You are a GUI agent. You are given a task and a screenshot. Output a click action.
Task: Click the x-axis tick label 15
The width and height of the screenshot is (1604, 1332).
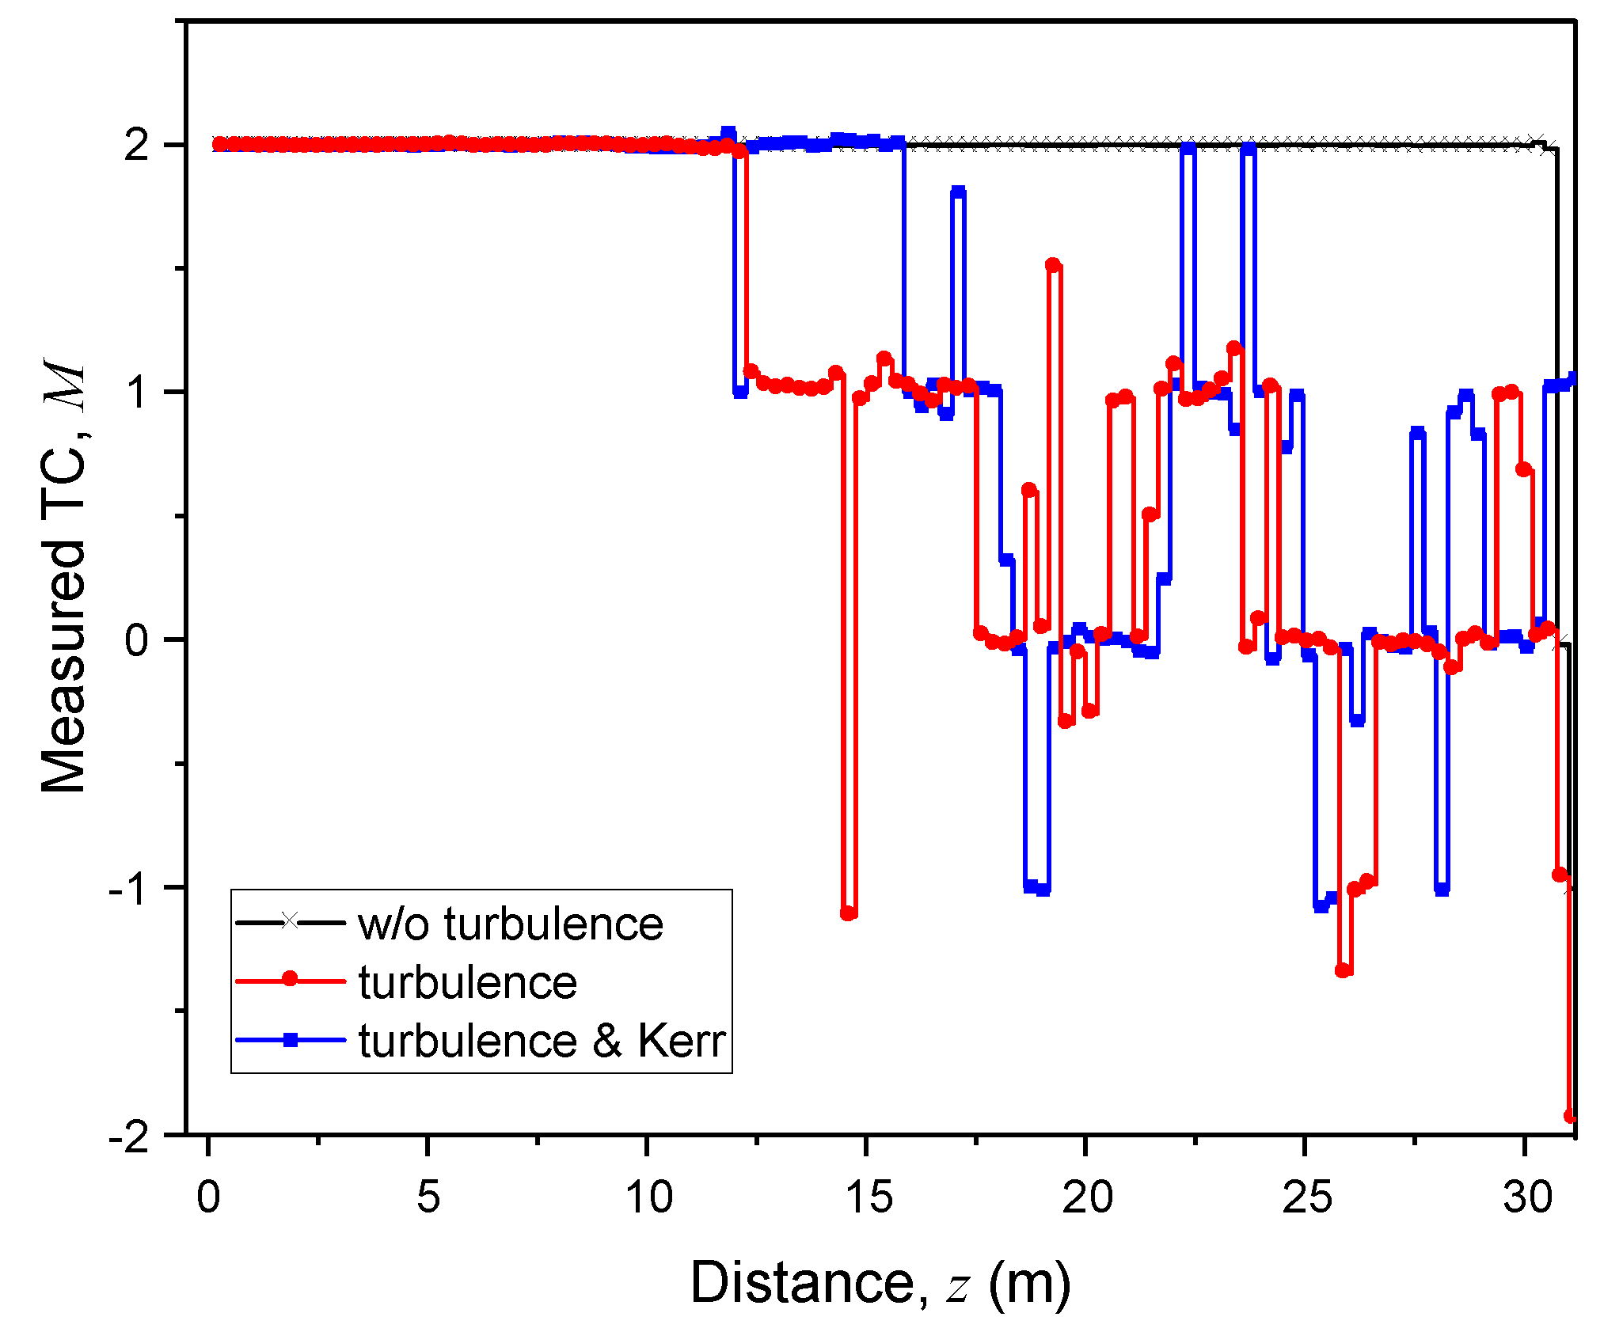(x=869, y=1197)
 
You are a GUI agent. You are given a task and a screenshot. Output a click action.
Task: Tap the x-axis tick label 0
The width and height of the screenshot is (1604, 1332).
(x=208, y=1197)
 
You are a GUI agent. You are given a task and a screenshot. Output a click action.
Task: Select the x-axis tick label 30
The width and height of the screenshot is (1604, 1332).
(x=1527, y=1197)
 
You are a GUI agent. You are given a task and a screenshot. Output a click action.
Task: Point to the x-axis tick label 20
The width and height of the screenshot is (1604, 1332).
(x=1088, y=1197)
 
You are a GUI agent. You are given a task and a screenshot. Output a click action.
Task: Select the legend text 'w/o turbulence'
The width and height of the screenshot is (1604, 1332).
(x=510, y=924)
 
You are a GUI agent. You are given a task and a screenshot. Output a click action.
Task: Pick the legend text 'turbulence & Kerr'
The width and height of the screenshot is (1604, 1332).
(x=542, y=1041)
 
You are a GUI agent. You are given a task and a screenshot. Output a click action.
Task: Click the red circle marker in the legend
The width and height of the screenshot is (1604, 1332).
(x=291, y=980)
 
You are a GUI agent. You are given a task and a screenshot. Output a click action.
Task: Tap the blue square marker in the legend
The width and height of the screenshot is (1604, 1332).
(x=291, y=1040)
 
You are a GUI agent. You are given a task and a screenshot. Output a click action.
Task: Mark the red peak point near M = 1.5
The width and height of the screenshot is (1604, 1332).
(x=1053, y=265)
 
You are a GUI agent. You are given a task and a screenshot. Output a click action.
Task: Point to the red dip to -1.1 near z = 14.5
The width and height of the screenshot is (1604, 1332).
(x=849, y=913)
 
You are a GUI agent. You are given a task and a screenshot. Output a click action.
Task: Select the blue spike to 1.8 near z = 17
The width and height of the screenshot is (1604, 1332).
(x=958, y=192)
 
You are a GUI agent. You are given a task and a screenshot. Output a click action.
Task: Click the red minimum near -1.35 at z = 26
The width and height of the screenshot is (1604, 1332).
(x=1343, y=970)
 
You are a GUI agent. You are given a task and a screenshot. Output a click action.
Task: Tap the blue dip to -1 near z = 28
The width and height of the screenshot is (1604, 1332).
(x=1442, y=889)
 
